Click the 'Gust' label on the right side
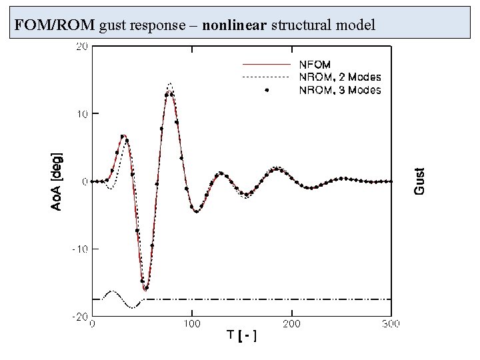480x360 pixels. coord(419,180)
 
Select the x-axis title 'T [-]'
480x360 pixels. coord(242,335)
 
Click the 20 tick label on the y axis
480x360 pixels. coord(81,46)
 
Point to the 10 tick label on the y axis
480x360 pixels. coord(81,113)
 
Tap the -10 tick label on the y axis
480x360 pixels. coord(80,249)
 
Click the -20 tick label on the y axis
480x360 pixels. coord(80,316)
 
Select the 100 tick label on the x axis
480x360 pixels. coord(192,324)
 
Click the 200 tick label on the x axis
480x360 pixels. coord(291,324)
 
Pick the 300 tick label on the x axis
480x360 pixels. coord(391,324)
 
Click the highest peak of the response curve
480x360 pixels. coord(171,85)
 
